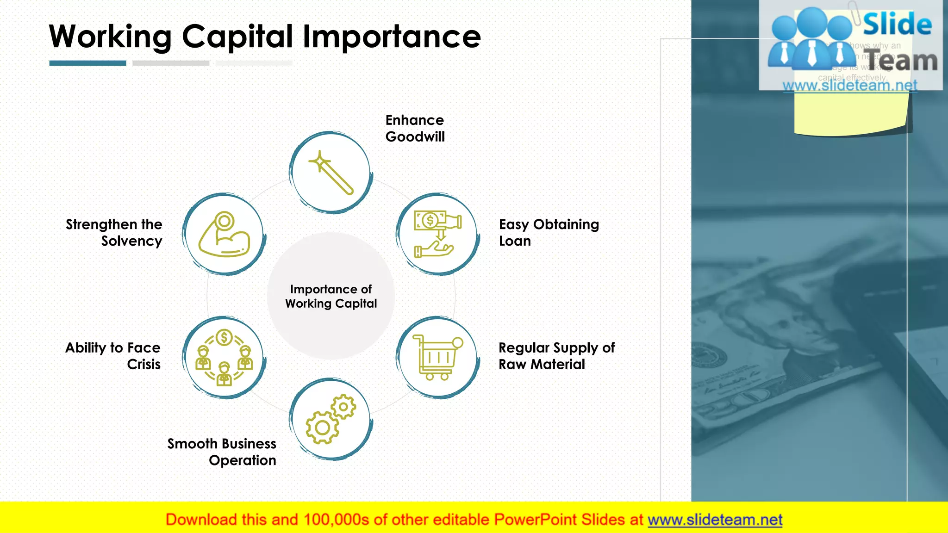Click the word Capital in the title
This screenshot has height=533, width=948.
click(x=237, y=37)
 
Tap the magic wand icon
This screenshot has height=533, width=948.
click(x=331, y=173)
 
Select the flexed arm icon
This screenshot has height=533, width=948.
click(x=225, y=235)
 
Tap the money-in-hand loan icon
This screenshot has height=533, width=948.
click(x=437, y=235)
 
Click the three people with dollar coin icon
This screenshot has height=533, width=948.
click(x=225, y=357)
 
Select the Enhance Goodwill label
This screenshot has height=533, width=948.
click(x=415, y=129)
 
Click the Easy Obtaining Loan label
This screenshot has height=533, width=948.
click(x=549, y=233)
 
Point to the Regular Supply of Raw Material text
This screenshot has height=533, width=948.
click(x=556, y=356)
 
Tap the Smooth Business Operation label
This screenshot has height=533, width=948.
click(x=222, y=452)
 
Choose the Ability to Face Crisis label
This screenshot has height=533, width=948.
click(x=113, y=356)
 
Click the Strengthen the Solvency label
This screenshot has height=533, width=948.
click(x=114, y=233)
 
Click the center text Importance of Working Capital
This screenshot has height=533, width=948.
click(x=331, y=296)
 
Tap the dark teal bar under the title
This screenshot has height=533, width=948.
click(x=87, y=63)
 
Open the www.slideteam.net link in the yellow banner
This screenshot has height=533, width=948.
click(x=715, y=520)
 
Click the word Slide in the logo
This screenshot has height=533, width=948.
click(x=897, y=25)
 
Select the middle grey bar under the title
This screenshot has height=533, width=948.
click(x=171, y=63)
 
